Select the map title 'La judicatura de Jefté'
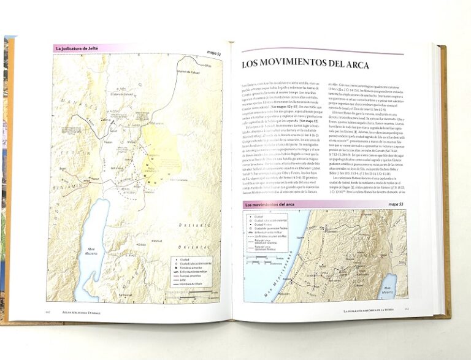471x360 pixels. tap(77, 48)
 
